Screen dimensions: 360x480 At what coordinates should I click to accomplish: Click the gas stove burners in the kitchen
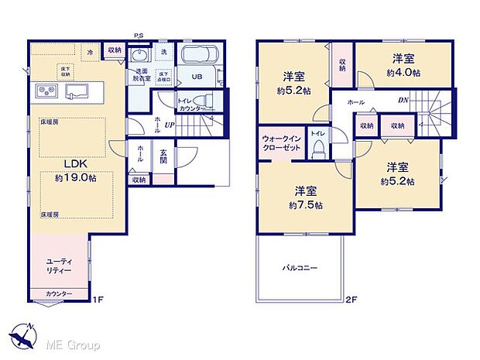(46, 92)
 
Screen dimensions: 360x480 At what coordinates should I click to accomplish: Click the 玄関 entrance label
(163, 161)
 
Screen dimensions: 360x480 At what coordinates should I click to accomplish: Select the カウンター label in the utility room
(59, 293)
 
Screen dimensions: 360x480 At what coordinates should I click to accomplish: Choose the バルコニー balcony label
(299, 268)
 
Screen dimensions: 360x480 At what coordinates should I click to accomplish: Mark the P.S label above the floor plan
(139, 35)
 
